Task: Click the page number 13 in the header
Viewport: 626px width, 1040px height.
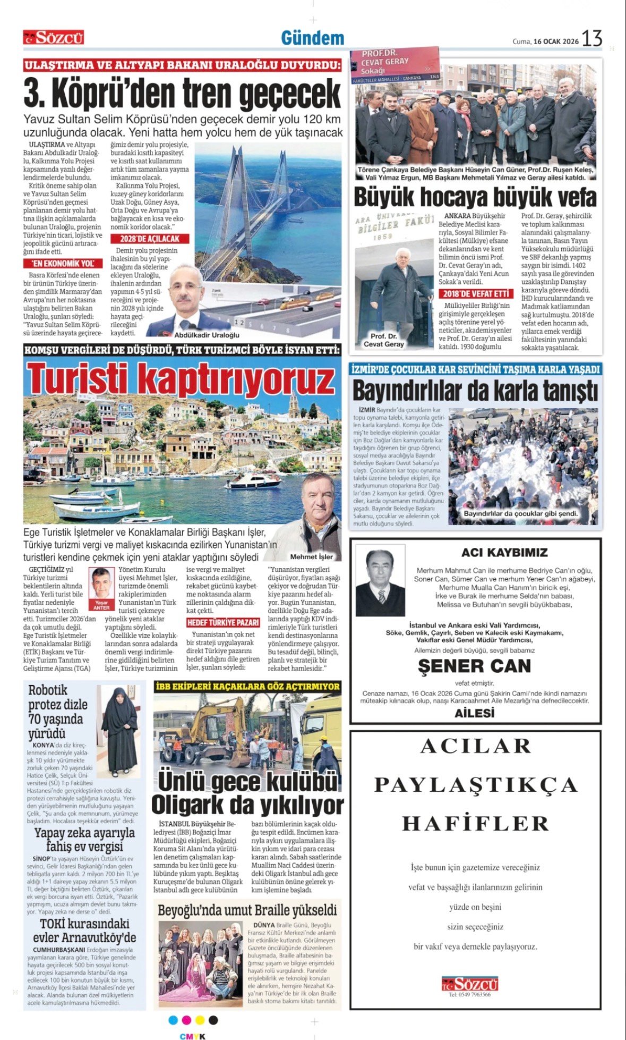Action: tap(592, 39)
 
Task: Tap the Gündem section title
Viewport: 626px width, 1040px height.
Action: tap(312, 38)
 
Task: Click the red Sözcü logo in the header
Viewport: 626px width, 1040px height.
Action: tap(54, 38)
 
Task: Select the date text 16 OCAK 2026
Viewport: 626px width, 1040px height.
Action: tap(556, 41)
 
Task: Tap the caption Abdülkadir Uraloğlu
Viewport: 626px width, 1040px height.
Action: tap(207, 335)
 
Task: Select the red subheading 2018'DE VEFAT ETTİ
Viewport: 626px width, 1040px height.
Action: tap(476, 294)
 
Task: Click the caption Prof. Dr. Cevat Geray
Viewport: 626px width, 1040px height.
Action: tap(383, 340)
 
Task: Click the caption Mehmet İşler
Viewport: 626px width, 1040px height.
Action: tap(312, 557)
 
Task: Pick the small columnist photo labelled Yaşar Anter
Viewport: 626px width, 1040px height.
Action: tap(101, 588)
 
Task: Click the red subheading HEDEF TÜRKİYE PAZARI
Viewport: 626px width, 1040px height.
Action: tap(223, 622)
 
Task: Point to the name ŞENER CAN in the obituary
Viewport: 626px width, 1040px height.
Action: tap(474, 666)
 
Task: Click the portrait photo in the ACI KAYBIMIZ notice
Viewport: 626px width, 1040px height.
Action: tap(380, 583)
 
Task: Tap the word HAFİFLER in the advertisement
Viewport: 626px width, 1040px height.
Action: tap(475, 824)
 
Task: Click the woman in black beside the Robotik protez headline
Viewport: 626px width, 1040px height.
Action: tap(119, 728)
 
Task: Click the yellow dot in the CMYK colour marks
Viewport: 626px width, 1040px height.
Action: tap(200, 1020)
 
